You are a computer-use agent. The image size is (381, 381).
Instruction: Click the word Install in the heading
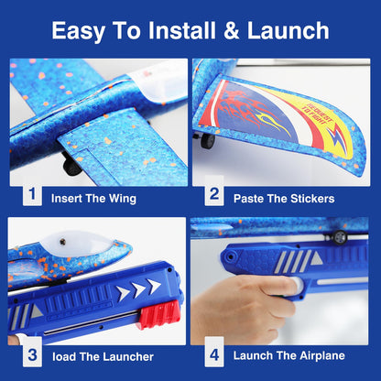[x=172, y=30]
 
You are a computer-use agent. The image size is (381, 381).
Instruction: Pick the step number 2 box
[x=214, y=195]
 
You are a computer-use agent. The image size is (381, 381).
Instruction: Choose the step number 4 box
[x=214, y=354]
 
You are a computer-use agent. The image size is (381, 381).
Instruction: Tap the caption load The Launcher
[x=103, y=356]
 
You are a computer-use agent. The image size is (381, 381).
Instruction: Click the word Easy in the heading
[x=79, y=30]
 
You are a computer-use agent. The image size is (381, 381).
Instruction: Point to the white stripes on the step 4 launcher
[x=293, y=260]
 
